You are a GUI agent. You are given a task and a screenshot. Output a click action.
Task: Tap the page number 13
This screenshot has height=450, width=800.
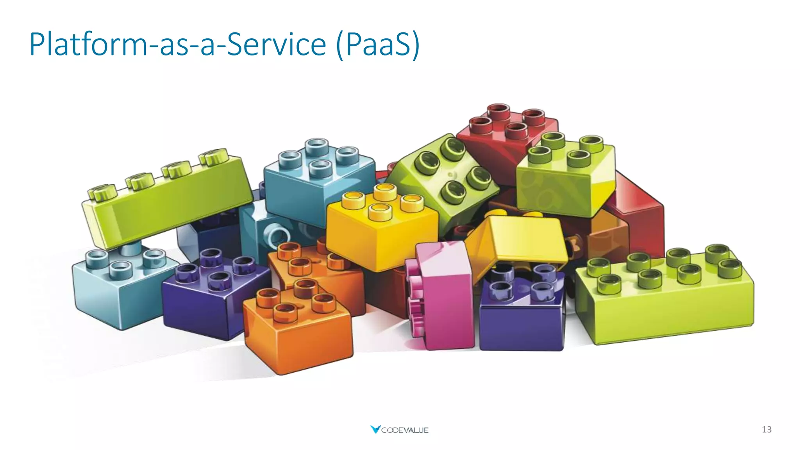766,429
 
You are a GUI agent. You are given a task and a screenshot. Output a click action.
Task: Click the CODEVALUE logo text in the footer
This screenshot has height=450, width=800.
405,430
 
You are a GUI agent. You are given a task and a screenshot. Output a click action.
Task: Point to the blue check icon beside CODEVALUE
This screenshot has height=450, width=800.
375,429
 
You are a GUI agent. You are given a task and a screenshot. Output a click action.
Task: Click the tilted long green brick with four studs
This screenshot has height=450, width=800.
168,203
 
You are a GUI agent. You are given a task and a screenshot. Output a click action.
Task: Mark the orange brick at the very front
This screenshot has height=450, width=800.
297,332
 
